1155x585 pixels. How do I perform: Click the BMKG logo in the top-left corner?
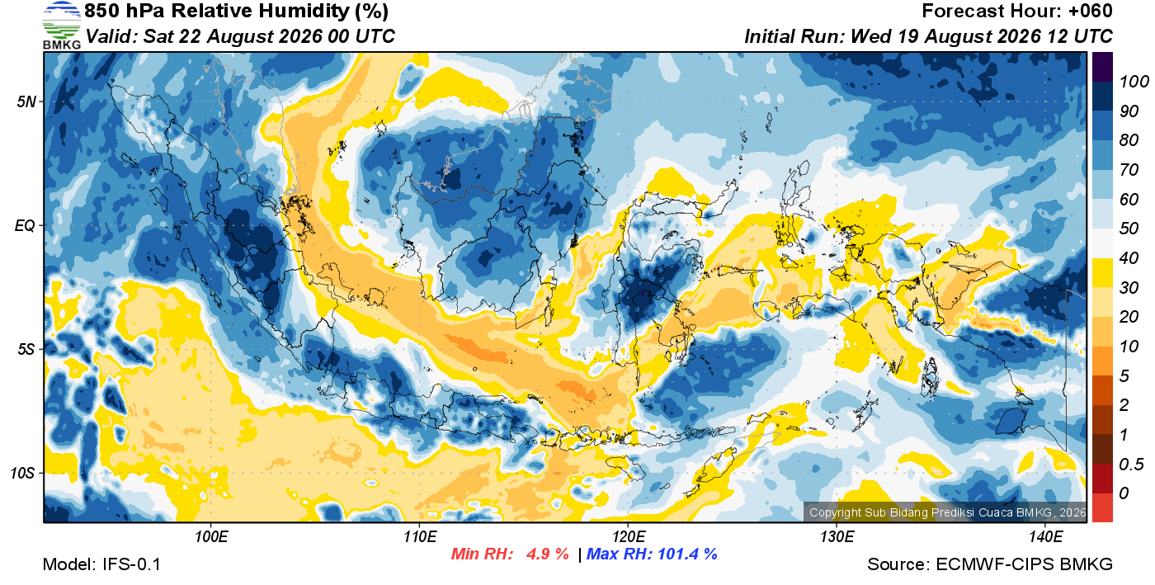[61, 26]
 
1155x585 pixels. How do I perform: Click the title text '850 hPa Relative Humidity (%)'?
[236, 11]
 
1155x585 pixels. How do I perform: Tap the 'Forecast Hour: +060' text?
[1016, 11]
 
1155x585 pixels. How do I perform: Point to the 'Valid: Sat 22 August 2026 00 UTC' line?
[240, 36]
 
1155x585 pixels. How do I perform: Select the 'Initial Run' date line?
[928, 36]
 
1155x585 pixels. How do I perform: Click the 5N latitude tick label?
[26, 101]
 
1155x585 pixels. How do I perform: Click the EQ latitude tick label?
[26, 225]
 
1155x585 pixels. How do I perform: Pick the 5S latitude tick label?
[26, 349]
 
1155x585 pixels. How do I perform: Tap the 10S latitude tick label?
[23, 473]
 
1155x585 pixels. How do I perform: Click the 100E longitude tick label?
[211, 537]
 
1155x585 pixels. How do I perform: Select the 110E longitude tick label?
[420, 537]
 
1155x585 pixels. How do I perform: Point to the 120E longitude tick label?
[628, 537]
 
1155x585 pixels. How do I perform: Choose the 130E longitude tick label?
[837, 537]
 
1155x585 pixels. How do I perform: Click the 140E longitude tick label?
[1045, 537]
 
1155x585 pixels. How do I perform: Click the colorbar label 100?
[1134, 82]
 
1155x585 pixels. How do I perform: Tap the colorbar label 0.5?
[1130, 465]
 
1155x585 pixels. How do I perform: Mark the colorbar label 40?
[1129, 258]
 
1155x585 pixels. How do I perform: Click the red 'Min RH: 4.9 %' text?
[510, 554]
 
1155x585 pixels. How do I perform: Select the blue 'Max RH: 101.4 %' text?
[652, 554]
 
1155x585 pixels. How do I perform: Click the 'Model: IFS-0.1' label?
[101, 564]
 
